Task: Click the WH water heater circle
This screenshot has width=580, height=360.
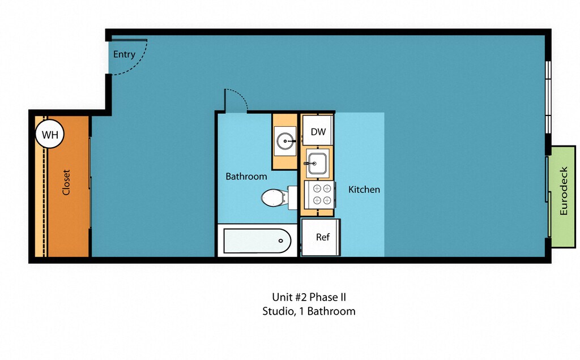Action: click(x=50, y=135)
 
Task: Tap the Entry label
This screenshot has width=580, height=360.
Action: click(x=124, y=54)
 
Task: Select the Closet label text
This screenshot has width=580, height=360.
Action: click(x=66, y=182)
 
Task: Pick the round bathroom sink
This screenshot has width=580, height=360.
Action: click(x=285, y=140)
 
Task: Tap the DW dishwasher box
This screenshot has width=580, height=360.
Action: click(x=318, y=132)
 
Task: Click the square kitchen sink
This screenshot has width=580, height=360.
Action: click(x=317, y=163)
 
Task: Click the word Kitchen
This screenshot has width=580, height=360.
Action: click(x=364, y=189)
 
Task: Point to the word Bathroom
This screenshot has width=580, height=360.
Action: click(x=246, y=176)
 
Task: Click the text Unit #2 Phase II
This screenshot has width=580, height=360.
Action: click(x=309, y=297)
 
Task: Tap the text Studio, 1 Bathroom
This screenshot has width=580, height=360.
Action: click(x=309, y=311)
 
